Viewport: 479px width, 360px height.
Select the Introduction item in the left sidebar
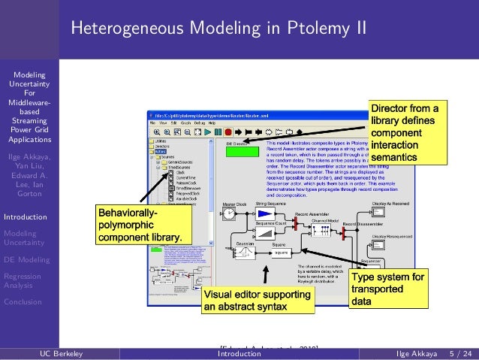tap(26, 217)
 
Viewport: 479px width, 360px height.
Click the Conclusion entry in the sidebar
tap(23, 302)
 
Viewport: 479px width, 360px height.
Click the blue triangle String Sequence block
tap(264, 214)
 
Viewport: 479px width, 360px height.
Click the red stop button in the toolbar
tap(227, 131)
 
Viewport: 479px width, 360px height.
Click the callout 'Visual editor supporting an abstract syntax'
tap(257, 301)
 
